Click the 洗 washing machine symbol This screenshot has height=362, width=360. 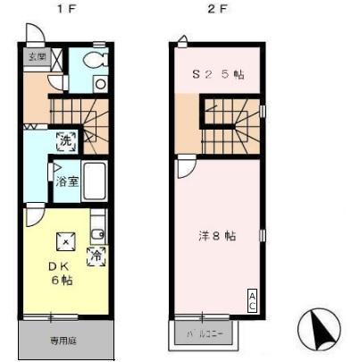pos(66,139)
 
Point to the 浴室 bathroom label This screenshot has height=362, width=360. pos(67,181)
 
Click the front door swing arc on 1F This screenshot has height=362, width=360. pos(37,33)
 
